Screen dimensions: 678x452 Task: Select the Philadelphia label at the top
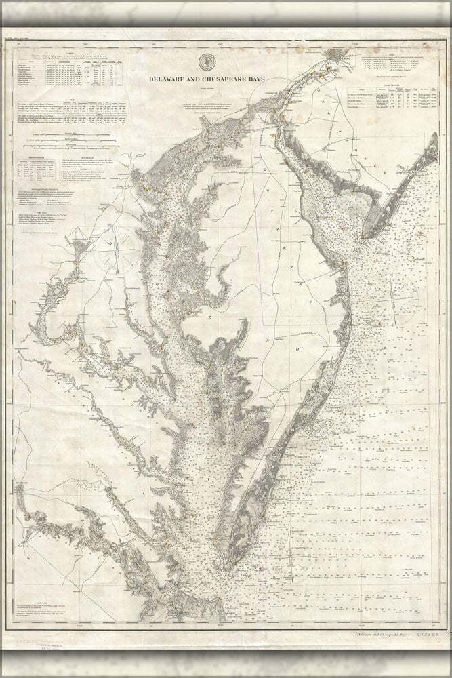[x=324, y=56]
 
